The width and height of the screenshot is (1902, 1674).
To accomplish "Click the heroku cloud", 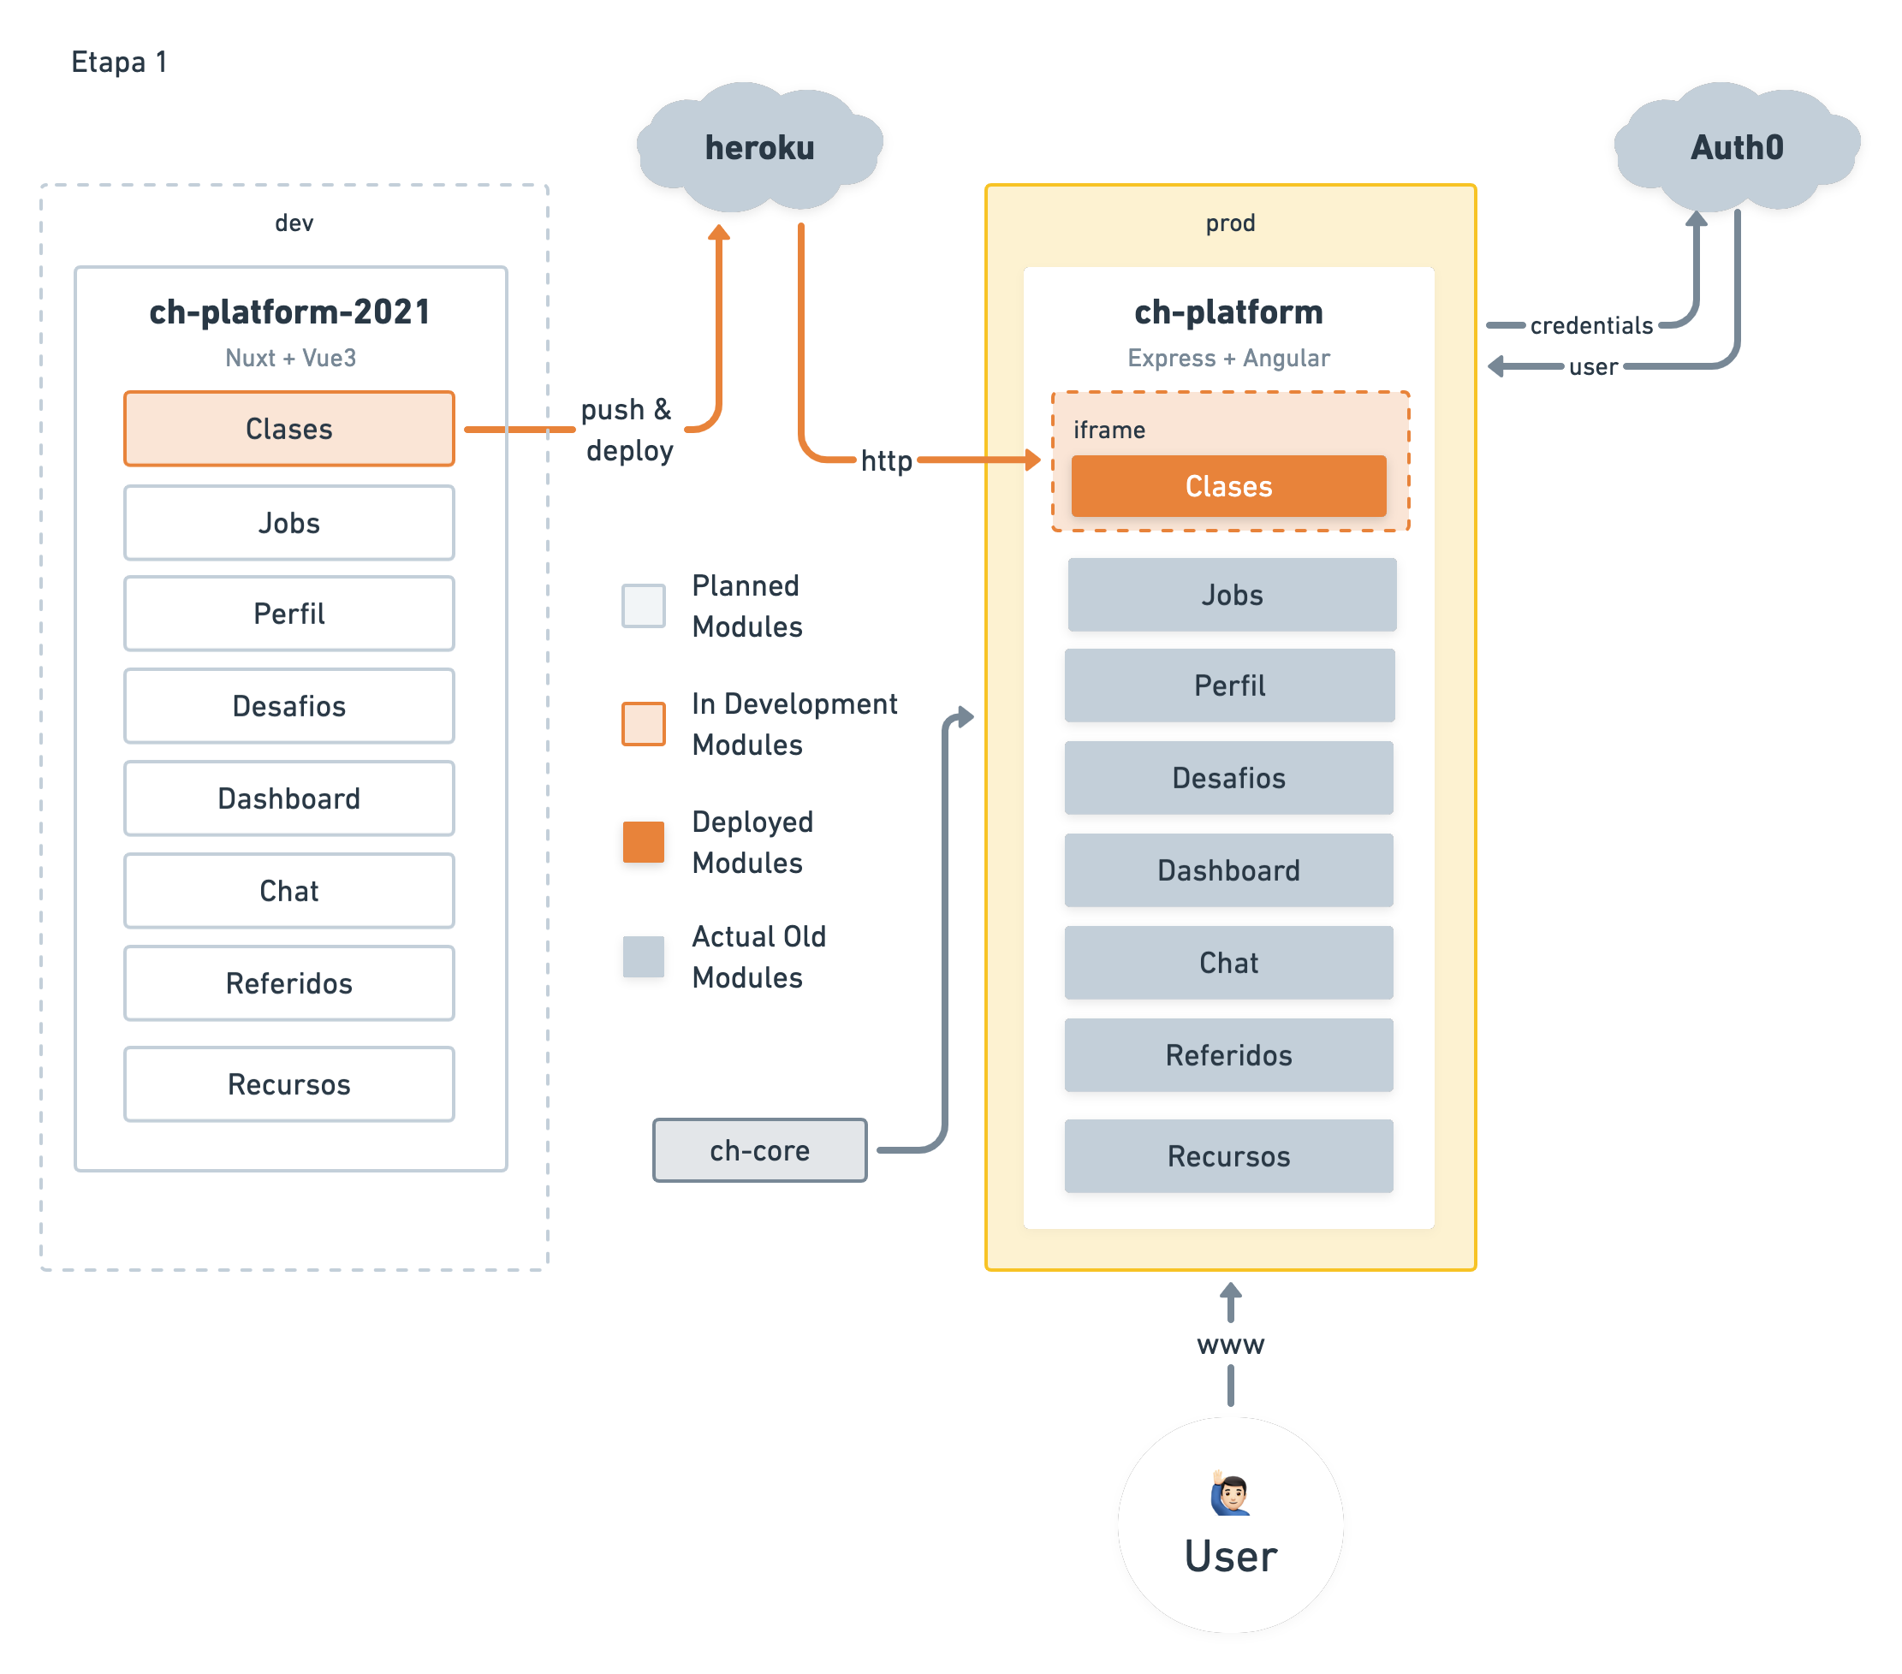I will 759,147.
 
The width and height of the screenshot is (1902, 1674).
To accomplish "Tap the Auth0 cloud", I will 1736,147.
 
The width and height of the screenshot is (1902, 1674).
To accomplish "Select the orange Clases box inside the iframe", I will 1228,486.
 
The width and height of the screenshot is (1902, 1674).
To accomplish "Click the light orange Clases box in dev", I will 289,428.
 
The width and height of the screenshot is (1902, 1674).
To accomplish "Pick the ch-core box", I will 759,1150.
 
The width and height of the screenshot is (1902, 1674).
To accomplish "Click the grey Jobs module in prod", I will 1231,595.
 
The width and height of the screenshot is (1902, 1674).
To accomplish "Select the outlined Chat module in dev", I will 289,891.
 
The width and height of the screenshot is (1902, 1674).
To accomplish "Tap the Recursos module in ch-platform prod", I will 1228,1155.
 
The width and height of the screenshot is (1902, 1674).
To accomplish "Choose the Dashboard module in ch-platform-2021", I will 289,798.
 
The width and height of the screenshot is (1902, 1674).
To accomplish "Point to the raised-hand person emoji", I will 1230,1494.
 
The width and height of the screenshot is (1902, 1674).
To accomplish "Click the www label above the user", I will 1230,1345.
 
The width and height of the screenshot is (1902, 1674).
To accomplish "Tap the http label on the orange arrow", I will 886,460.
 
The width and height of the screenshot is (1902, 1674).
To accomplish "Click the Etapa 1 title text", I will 119,62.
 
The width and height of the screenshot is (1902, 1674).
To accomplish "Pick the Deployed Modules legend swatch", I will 643,842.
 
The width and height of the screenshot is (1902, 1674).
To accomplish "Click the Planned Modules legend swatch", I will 643,606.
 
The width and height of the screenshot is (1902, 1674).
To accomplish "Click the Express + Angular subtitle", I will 1228,359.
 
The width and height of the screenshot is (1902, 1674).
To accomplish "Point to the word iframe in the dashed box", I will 1109,430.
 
